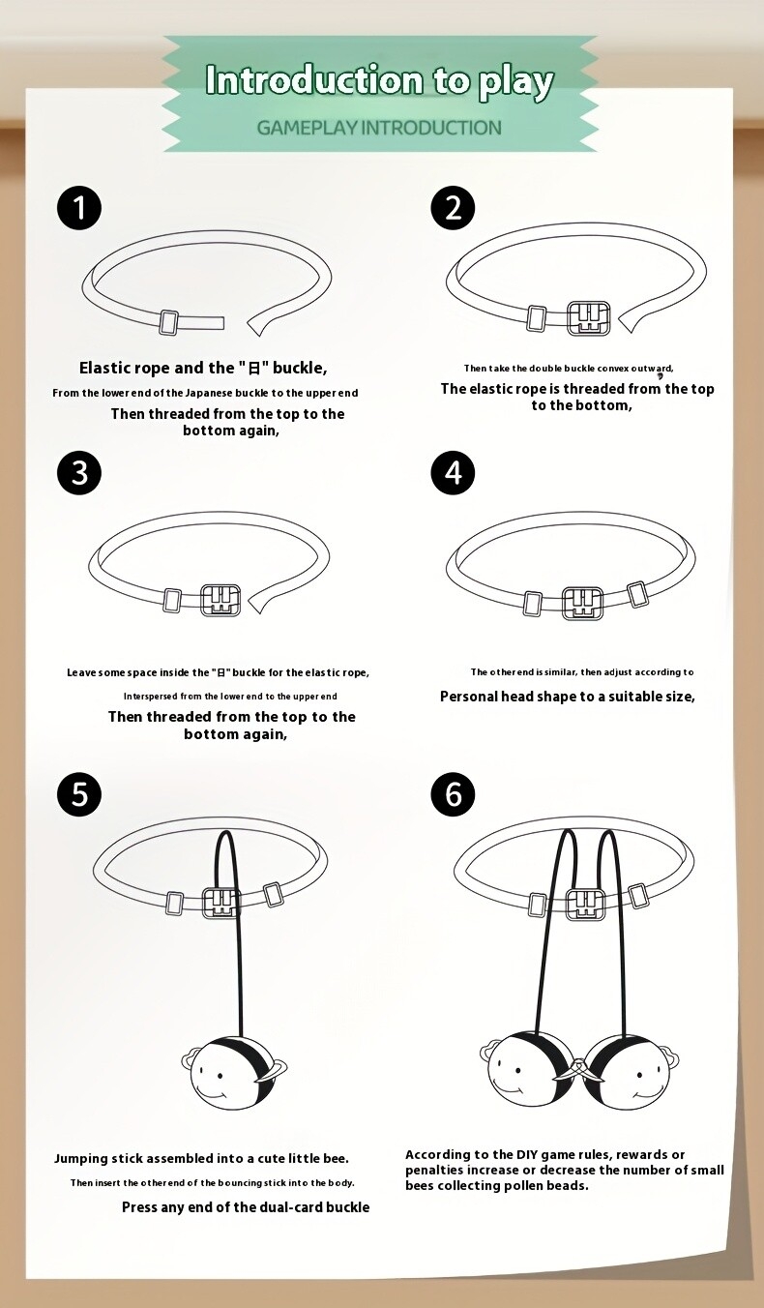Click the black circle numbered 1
point(79,208)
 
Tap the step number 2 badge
point(453,208)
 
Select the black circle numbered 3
point(79,472)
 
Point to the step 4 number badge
point(453,472)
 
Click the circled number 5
point(79,794)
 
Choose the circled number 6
point(453,794)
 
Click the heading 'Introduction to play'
point(379,81)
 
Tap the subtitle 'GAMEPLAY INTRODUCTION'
point(379,128)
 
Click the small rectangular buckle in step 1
point(169,322)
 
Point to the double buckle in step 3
point(220,600)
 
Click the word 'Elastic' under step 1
point(101,368)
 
